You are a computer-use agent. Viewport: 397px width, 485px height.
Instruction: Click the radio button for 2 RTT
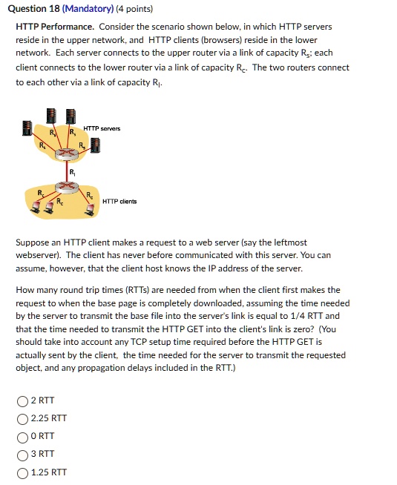tap(22, 401)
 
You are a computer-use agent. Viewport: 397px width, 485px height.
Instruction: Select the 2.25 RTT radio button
tap(22, 419)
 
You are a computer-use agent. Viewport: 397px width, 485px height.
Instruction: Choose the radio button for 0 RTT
tap(22, 436)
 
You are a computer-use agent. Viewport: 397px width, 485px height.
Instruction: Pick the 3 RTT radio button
tap(22, 454)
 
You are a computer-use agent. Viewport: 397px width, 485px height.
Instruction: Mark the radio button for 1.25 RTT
tap(22, 472)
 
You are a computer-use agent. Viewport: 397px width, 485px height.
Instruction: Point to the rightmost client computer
tap(91, 211)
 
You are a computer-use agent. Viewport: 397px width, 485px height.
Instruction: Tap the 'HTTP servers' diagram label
tap(102, 128)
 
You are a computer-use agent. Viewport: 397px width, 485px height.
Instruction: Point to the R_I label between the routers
tap(71, 173)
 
